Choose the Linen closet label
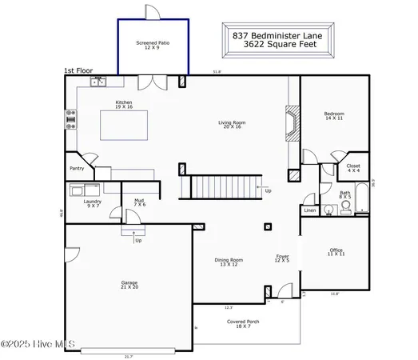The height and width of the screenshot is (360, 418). [x=310, y=210]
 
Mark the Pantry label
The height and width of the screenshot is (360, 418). [x=77, y=169]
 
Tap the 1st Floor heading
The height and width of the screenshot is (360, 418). [x=79, y=70]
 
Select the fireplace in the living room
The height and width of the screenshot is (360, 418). [x=293, y=123]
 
